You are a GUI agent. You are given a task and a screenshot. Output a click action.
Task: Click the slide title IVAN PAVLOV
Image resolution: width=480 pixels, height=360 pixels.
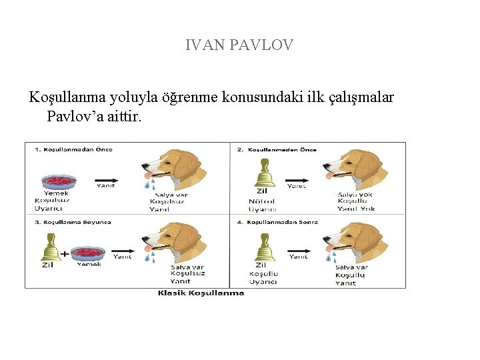coord(239,45)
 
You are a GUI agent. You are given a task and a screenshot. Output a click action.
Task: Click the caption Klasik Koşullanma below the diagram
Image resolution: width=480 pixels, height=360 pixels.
coord(201,293)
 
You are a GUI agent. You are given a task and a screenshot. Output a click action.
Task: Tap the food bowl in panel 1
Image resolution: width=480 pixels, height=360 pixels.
coord(60,181)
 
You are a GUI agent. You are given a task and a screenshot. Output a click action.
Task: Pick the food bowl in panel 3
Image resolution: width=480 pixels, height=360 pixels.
coord(88,253)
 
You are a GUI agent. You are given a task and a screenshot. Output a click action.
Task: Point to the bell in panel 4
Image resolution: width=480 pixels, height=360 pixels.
coord(263,247)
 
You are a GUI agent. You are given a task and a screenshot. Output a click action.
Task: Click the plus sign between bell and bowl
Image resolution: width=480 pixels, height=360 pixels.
coord(65,253)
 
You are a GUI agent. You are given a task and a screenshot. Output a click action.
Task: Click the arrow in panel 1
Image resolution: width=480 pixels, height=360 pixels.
coord(105,179)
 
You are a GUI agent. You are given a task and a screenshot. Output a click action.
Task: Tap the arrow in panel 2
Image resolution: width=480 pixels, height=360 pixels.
coord(297,179)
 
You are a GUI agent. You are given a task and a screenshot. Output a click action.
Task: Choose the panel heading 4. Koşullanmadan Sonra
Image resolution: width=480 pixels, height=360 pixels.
coord(277,222)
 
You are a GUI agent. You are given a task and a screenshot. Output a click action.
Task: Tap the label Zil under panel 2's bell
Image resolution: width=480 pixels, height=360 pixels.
coord(261,192)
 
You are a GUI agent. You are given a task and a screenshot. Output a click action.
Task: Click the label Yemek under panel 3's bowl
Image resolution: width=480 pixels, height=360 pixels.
coord(89,265)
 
